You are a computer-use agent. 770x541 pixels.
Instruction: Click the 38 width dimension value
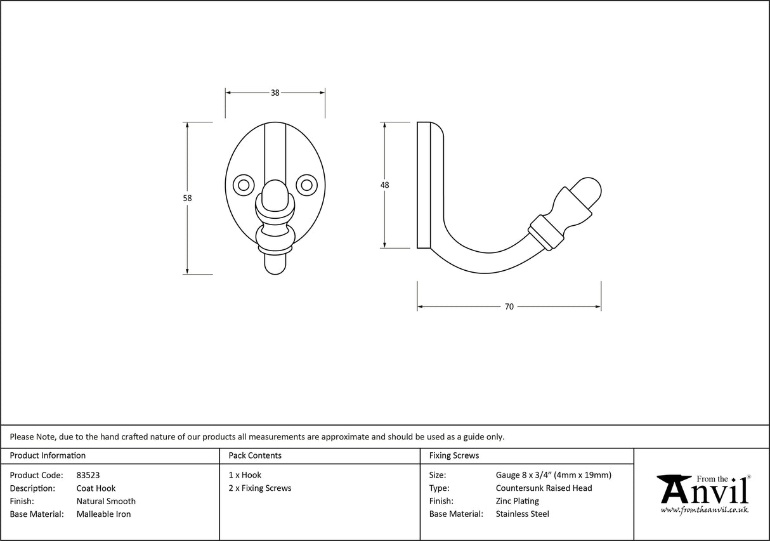point(275,93)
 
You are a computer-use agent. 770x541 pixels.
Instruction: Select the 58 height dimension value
point(187,198)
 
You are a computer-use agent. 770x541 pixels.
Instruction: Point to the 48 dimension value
point(384,185)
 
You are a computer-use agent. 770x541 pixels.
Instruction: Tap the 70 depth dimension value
point(509,307)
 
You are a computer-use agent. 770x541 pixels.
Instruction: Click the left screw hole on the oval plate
point(242,185)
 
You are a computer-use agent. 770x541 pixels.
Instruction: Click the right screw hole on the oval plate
point(307,185)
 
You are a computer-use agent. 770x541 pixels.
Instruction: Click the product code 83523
point(88,475)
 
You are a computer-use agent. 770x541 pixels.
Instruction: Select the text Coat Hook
point(96,488)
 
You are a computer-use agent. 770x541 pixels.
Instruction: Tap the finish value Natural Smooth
point(106,501)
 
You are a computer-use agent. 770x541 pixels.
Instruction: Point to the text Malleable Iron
point(103,514)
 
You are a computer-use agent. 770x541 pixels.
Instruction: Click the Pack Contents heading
point(255,455)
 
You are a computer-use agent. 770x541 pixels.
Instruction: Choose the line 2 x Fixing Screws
point(260,488)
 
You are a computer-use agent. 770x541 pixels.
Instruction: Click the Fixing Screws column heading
point(454,455)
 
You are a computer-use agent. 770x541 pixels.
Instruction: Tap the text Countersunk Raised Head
point(544,488)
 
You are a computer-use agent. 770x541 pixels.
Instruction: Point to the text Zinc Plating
point(517,501)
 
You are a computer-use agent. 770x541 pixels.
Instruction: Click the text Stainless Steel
point(522,514)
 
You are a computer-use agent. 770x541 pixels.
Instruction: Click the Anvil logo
point(703,493)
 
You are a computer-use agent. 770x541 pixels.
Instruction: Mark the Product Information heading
point(48,455)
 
